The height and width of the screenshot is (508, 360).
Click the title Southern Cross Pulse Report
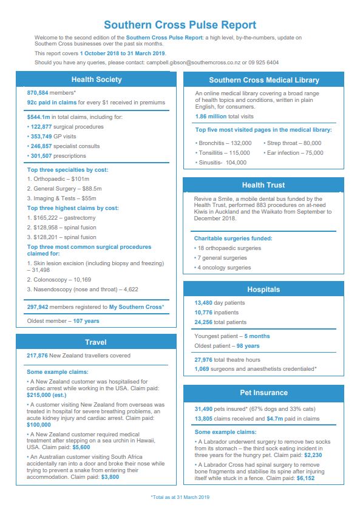pos(180,25)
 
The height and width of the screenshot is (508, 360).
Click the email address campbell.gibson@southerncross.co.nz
pos(192,63)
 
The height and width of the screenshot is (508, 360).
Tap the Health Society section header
pos(97,80)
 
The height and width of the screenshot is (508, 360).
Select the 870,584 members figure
pos(38,93)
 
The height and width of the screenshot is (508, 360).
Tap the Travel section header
pos(96,342)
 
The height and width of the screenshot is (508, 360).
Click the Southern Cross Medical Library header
pos(263,80)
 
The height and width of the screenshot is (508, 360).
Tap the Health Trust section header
pos(263,185)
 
